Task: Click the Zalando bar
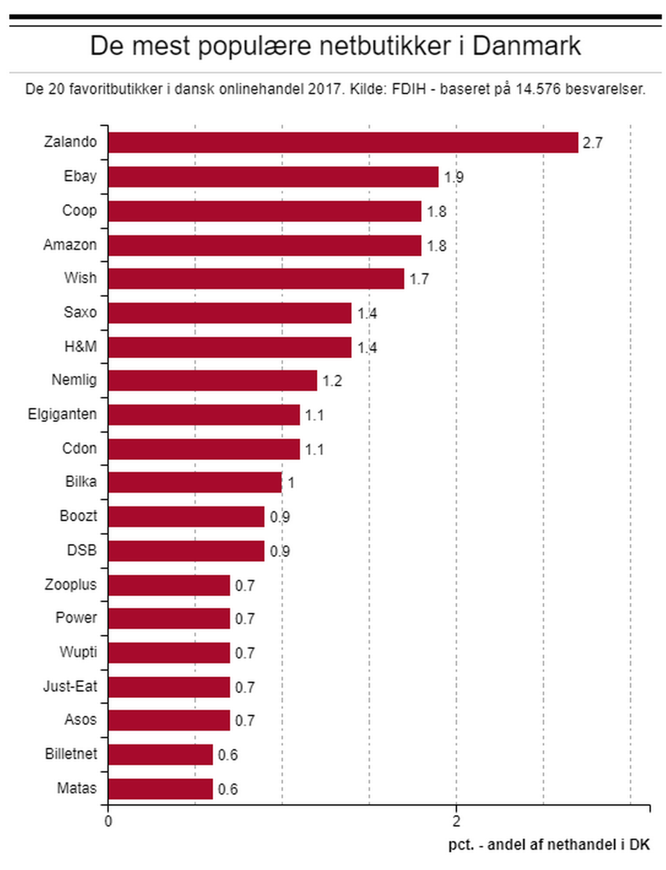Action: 343,142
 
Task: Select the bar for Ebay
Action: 273,177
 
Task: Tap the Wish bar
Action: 256,279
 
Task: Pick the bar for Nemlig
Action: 212,381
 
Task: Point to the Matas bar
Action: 160,789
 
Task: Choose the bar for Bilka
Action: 195,482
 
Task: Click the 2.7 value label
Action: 592,143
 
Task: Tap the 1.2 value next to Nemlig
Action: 332,381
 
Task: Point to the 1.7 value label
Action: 419,279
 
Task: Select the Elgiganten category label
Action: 62,414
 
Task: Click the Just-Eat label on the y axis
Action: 70,686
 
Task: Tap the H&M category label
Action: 80,346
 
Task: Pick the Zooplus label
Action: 71,584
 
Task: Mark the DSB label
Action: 82,550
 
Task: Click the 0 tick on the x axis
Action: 108,822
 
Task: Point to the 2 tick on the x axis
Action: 456,822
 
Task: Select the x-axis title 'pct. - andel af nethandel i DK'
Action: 549,844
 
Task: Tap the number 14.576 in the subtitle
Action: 538,89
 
